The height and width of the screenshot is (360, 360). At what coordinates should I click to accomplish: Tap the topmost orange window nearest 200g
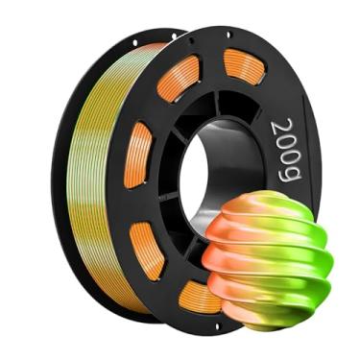click(247, 67)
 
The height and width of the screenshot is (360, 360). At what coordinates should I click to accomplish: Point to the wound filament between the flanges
click(91, 173)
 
